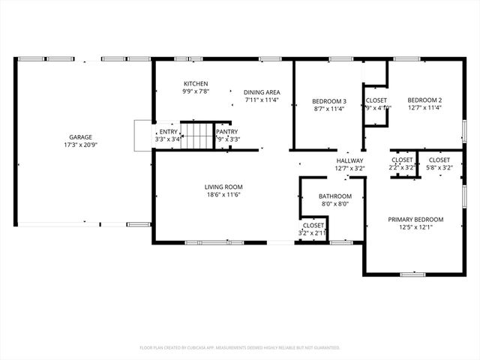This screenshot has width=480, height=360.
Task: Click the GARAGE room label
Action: click(81, 137)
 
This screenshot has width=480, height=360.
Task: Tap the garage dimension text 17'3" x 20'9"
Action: click(81, 145)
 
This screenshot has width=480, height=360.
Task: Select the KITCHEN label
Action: click(196, 83)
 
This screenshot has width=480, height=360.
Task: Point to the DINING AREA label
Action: click(261, 91)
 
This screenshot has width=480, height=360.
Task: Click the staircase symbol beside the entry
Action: click(199, 136)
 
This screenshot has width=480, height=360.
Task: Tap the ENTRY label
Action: click(168, 131)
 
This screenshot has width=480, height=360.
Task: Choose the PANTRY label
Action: click(226, 131)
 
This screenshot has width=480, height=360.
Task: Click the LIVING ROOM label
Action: click(223, 187)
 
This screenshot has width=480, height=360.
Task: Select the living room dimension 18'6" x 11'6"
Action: click(223, 195)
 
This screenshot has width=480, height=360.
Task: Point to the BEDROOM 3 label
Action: click(328, 100)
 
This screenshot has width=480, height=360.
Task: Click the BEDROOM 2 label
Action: click(424, 100)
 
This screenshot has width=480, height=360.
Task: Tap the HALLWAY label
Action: click(349, 160)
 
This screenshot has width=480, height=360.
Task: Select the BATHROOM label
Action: click(331, 197)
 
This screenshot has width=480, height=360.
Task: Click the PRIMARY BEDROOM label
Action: click(415, 219)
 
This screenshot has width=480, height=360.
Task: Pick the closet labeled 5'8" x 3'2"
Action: click(439, 163)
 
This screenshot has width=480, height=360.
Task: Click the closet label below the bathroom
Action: click(313, 225)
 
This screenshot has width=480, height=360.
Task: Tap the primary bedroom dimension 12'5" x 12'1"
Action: click(415, 227)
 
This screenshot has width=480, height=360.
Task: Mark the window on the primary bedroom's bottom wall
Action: click(412, 274)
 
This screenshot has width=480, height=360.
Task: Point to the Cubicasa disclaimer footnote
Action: click(240, 347)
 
